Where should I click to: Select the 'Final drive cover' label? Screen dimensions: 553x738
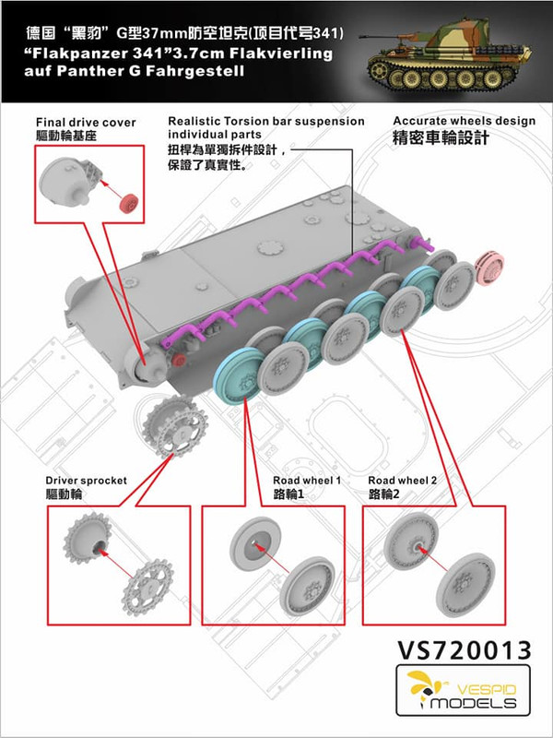pyautogui.click(x=86, y=121)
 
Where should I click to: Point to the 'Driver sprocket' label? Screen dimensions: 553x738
pyautogui.click(x=86, y=482)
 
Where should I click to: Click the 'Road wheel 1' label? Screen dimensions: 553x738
pyautogui.click(x=307, y=482)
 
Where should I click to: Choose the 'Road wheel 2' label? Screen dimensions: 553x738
pyautogui.click(x=402, y=482)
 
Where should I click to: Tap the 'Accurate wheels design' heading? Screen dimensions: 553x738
pyautogui.click(x=464, y=121)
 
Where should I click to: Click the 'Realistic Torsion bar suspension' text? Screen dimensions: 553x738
pyautogui.click(x=266, y=121)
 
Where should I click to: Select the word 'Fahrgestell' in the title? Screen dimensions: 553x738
pyautogui.click(x=192, y=72)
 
